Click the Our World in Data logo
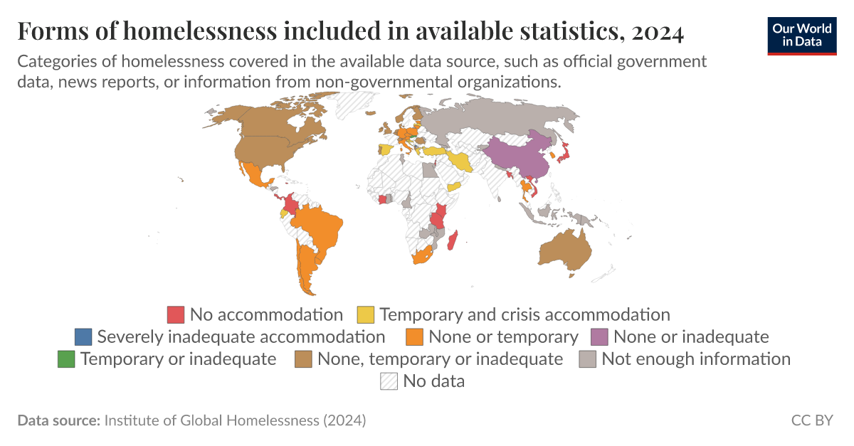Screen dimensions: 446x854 coord(802,33)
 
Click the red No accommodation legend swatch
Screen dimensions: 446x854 coord(176,314)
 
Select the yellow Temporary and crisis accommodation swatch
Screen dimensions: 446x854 coord(366,314)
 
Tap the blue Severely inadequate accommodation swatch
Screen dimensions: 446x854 coord(83,336)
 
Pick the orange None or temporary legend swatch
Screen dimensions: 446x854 coord(415,336)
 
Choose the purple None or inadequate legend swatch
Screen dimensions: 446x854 coord(599,336)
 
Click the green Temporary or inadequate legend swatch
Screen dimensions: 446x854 coord(66,359)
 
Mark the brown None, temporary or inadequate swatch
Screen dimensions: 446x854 coord(304,359)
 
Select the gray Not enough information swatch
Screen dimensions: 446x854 coord(588,359)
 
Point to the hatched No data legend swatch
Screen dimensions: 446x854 coord(389,381)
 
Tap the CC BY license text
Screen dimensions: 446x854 coord(811,420)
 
